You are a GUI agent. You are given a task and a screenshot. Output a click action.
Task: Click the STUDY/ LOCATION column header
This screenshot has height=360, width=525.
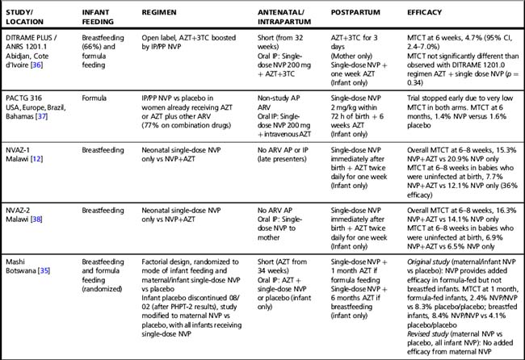24,19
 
